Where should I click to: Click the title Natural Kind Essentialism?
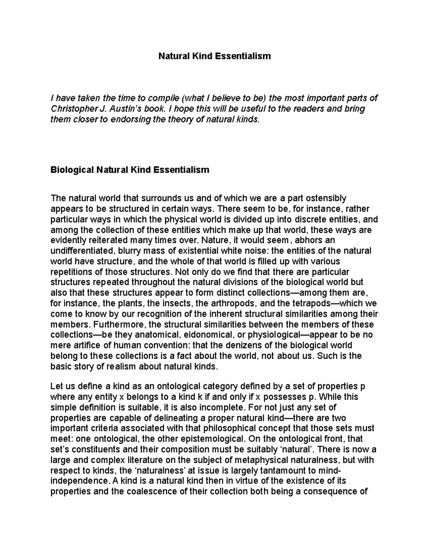(x=214, y=56)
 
